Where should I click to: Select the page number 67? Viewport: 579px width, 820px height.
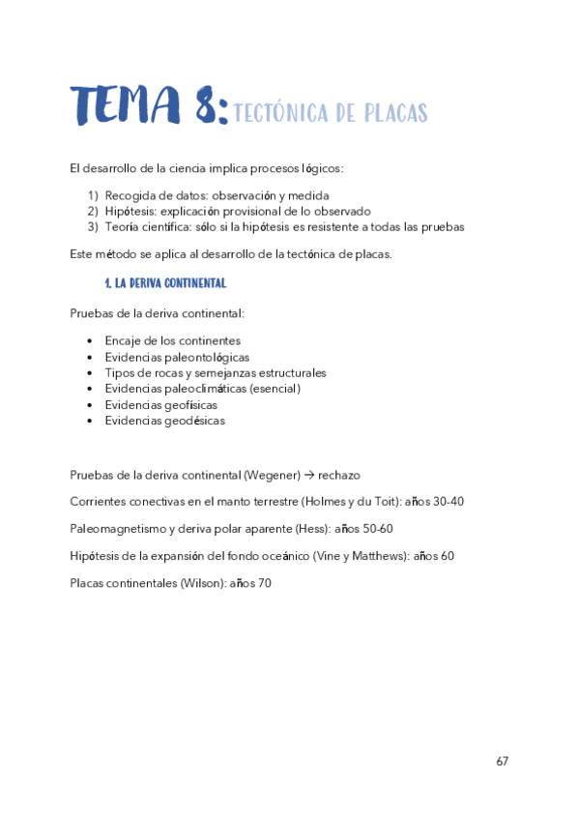tap(502, 761)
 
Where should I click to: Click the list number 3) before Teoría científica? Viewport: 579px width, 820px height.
tap(94, 227)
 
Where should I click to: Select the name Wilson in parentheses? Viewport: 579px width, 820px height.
tap(202, 583)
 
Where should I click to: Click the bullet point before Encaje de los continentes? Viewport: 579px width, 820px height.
tap(89, 340)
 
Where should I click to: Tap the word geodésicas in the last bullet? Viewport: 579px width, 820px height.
tap(192, 421)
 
